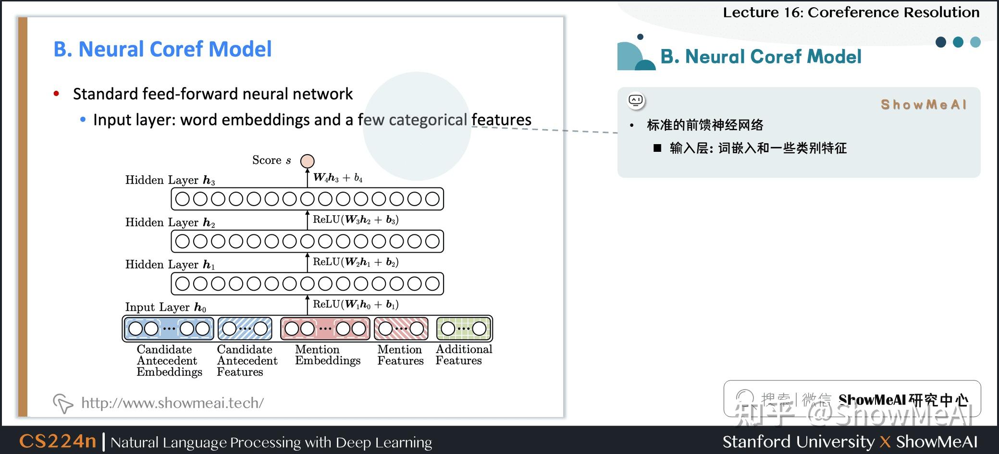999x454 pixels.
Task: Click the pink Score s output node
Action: (x=308, y=161)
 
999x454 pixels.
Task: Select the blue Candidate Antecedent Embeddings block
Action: (x=169, y=329)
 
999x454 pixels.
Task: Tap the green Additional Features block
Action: (x=464, y=329)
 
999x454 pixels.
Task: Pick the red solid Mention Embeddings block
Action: (x=325, y=329)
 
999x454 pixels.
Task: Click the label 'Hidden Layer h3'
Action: (x=170, y=180)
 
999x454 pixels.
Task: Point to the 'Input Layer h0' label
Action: (x=165, y=307)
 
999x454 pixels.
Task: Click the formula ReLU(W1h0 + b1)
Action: (x=356, y=304)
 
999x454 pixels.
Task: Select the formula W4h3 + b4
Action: (x=338, y=178)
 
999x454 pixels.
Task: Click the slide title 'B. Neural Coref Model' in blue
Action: (x=162, y=49)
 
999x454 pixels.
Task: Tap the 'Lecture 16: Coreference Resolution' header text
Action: (x=851, y=12)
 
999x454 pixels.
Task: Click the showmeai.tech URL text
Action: (x=173, y=403)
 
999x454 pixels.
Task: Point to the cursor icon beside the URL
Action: (x=62, y=403)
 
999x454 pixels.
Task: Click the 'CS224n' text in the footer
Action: (x=58, y=441)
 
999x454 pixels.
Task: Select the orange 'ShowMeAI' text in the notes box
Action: (x=923, y=104)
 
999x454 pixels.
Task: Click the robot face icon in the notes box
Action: (x=636, y=100)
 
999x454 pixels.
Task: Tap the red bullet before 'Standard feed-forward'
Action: (x=57, y=94)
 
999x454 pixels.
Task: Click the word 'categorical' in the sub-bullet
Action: (x=428, y=120)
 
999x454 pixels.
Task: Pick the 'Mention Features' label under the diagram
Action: (x=400, y=355)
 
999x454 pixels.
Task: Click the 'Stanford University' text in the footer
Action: (x=799, y=442)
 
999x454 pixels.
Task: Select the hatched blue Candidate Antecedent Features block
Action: (x=245, y=329)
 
